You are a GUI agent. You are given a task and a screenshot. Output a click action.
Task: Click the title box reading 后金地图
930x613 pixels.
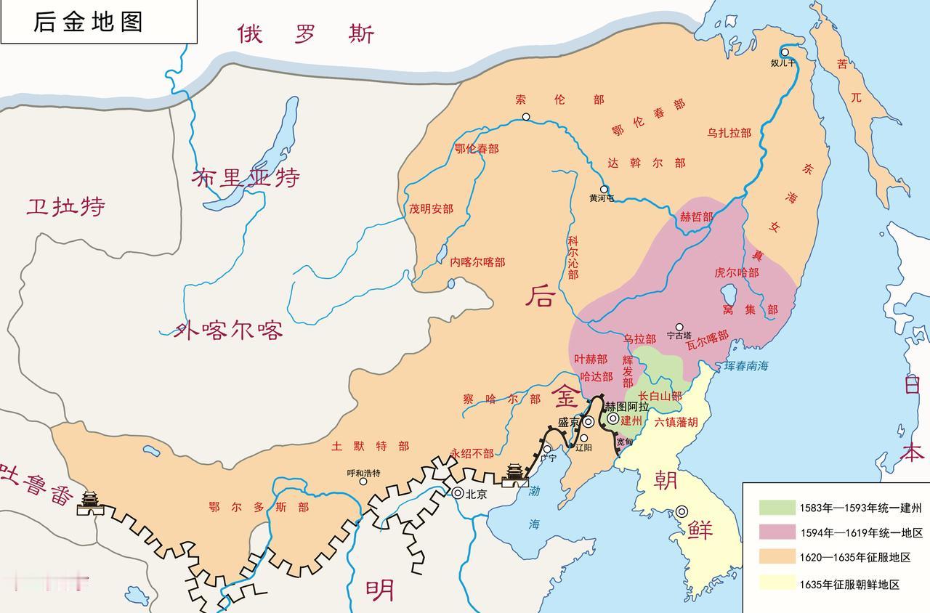click(98, 22)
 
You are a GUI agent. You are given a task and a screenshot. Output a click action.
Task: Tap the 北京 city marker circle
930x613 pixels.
click(458, 492)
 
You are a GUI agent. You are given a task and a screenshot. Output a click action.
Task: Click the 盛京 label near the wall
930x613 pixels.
click(569, 423)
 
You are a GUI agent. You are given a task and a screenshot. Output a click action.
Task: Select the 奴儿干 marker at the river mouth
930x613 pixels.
click(785, 52)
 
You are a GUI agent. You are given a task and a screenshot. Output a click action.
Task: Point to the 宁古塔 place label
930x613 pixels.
click(679, 336)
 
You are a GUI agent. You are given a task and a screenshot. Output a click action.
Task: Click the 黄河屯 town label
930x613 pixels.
click(602, 198)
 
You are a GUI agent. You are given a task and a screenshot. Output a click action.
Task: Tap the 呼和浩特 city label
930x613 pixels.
click(363, 473)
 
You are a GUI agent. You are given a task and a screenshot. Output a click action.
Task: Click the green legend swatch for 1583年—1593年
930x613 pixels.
click(777, 508)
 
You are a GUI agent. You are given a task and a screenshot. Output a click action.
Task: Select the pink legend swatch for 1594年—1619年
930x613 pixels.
click(777, 532)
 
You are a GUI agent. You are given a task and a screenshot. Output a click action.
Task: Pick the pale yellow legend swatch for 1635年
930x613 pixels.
click(777, 583)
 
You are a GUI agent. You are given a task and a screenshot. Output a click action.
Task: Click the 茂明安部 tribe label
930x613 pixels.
click(431, 209)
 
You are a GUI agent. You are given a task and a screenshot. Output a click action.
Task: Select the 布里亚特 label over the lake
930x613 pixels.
click(246, 177)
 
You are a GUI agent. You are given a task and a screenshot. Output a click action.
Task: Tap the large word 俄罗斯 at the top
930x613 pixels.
click(305, 33)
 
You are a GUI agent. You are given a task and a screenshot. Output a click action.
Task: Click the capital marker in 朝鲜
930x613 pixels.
click(682, 511)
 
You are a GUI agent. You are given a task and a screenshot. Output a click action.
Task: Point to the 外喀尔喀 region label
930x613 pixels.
click(228, 331)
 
